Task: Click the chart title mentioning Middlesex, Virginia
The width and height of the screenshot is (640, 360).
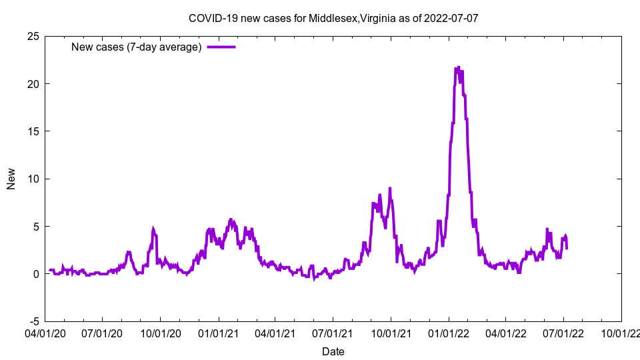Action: (x=333, y=18)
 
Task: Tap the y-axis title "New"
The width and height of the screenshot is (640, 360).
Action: (x=11, y=179)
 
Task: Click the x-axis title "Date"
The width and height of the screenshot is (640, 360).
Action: (x=333, y=351)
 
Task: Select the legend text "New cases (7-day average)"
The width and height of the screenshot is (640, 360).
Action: (x=136, y=47)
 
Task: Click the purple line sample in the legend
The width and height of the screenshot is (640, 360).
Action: (x=221, y=47)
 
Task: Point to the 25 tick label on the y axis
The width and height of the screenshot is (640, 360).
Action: (x=33, y=36)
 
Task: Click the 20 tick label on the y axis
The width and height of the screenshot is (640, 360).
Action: (x=33, y=83)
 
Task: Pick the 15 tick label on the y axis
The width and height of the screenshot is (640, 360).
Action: (x=33, y=131)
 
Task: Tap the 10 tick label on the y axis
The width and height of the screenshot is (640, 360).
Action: (x=33, y=179)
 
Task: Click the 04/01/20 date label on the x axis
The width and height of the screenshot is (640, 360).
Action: (x=45, y=332)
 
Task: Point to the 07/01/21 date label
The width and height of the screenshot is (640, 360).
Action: (x=333, y=332)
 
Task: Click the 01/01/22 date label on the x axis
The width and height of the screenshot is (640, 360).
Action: (x=449, y=332)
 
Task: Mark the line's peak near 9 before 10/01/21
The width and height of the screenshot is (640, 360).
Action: (x=390, y=189)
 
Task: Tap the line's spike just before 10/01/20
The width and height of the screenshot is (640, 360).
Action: (x=153, y=229)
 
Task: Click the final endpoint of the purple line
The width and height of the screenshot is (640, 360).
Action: (x=567, y=248)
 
